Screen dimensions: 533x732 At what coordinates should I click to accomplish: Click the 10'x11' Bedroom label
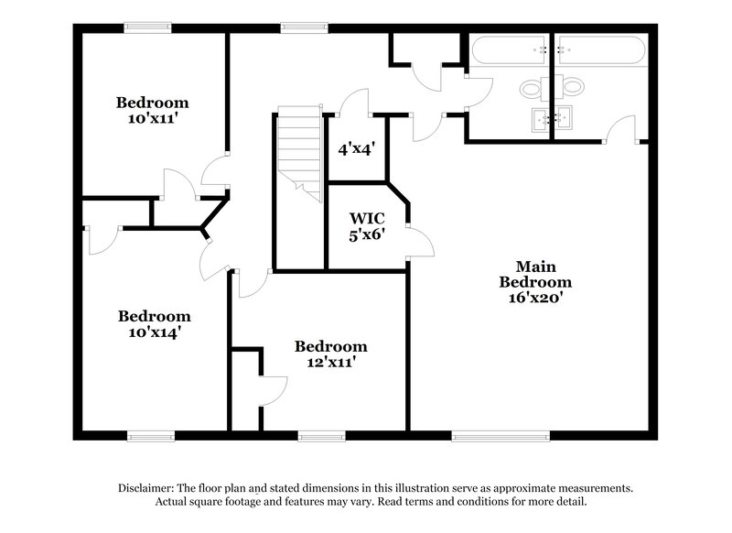pos(152,110)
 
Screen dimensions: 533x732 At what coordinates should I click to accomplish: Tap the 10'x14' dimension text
pos(154,332)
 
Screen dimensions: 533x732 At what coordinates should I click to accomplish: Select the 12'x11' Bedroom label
pos(330,354)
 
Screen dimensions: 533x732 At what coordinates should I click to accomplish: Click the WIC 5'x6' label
pos(366,225)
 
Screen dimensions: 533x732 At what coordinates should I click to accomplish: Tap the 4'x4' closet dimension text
pos(357,147)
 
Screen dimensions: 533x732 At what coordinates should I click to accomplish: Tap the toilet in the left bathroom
pos(531,89)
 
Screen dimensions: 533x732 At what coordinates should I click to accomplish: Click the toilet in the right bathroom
pos(573,89)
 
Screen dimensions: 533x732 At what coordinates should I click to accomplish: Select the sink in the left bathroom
pos(540,117)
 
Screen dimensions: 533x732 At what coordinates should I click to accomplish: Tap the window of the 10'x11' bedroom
pos(148,27)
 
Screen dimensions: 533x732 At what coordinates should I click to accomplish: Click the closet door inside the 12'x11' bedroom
pos(274,392)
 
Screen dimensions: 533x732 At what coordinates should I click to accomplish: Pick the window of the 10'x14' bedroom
pos(150,435)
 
